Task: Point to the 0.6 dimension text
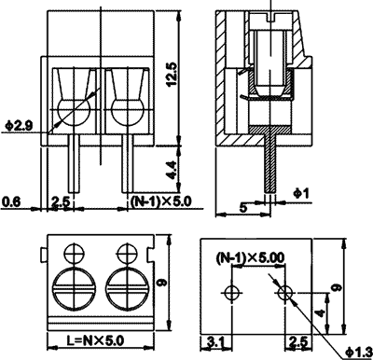click(11, 200)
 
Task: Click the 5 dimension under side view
click(245, 206)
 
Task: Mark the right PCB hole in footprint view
click(285, 293)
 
